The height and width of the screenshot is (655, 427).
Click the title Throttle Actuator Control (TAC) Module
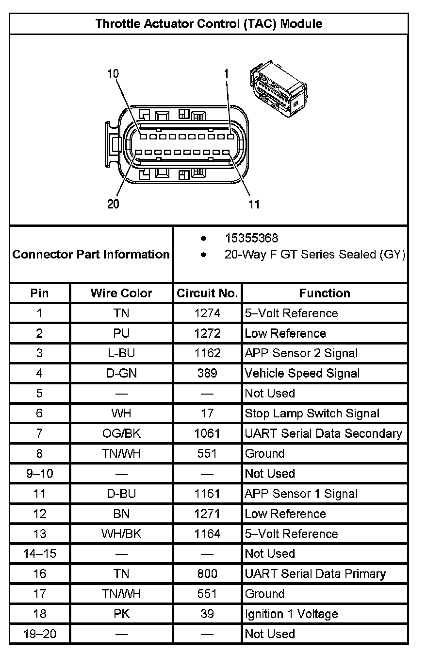point(209,23)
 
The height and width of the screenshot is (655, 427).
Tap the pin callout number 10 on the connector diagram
point(113,74)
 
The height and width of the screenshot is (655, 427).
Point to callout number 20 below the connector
point(113,204)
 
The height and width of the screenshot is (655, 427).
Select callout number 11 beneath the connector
point(254,204)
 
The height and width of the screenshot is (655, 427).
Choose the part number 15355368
point(251,238)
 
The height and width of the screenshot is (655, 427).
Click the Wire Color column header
point(121,293)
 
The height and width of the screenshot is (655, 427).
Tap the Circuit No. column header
point(207,293)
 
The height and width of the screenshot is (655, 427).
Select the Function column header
point(324,293)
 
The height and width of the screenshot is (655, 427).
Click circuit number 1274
point(207,313)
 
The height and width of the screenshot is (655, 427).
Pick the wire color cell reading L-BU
point(121,353)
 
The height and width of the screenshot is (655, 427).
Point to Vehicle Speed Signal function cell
point(302,373)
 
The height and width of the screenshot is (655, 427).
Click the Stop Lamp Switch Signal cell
point(312,414)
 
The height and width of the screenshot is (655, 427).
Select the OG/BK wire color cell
point(121,433)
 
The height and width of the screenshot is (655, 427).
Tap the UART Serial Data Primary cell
point(315,574)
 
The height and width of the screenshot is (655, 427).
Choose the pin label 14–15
point(40,553)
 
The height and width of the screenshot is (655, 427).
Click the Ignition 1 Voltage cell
point(291,614)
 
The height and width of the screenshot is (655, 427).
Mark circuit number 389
point(207,373)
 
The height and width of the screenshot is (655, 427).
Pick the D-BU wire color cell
point(121,494)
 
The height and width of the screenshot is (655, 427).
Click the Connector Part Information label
point(91,254)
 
